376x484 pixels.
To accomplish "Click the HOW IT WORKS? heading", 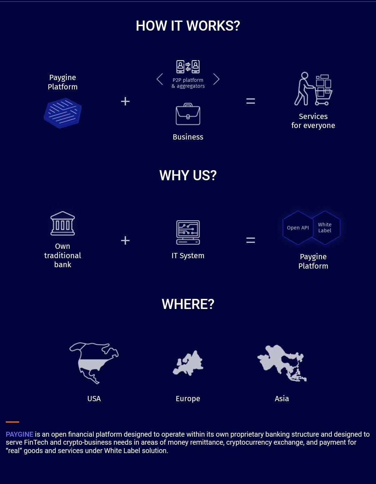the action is click(188, 26).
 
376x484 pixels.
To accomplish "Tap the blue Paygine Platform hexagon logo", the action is click(63, 113).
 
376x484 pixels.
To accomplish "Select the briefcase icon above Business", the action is click(188, 114).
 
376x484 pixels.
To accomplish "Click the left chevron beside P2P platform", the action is click(159, 79).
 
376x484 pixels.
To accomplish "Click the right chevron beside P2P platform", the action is click(216, 79).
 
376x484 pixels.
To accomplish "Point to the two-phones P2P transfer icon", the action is click(188, 66).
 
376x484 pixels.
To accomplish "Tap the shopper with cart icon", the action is click(313, 89).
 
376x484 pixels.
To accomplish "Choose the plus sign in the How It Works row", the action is click(125, 101).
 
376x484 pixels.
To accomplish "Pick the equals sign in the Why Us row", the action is click(251, 240).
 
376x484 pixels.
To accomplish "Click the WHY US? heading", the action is click(188, 175).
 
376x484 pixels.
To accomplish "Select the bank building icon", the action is click(63, 223).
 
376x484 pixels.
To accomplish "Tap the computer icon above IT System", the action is click(188, 232).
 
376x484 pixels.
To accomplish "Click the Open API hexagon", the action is click(298, 228).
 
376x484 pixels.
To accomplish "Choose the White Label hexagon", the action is click(325, 228).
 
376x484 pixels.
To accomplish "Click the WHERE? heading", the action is click(188, 304).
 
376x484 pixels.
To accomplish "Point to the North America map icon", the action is click(94, 363).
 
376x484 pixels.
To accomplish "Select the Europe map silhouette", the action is click(188, 363).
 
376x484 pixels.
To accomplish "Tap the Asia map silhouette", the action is click(282, 363).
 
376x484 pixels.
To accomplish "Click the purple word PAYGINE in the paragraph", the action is click(19, 434).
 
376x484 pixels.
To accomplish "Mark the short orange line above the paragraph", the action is click(13, 422).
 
